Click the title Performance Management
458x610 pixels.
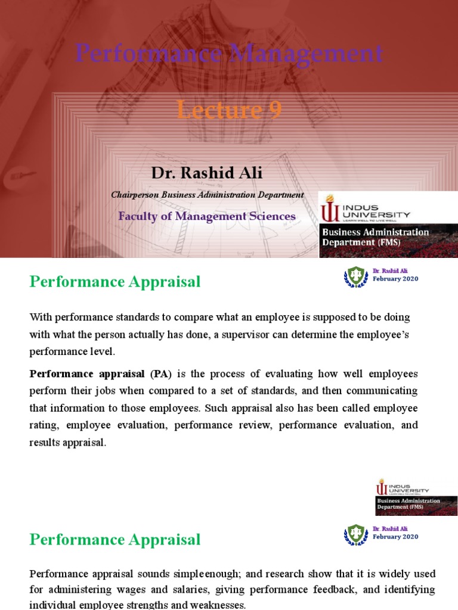pyautogui.click(x=229, y=54)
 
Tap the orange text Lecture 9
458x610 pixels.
pyautogui.click(x=229, y=110)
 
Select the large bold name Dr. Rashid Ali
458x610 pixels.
pyautogui.click(x=206, y=173)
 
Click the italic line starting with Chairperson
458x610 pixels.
pyautogui.click(x=208, y=195)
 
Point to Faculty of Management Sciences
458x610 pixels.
pyautogui.click(x=206, y=216)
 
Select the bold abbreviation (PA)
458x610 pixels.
pyautogui.click(x=160, y=374)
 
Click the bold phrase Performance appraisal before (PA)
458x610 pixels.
pyautogui.click(x=87, y=374)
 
